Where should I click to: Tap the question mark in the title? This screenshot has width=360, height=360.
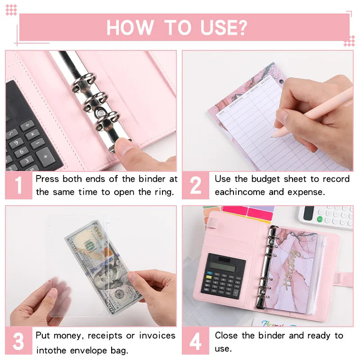click(242, 27)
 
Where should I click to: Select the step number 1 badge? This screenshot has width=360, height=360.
click(18, 185)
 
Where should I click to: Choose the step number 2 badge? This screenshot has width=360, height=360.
click(195, 185)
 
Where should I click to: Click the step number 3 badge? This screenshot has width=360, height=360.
click(18, 341)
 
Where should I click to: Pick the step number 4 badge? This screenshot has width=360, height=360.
click(195, 341)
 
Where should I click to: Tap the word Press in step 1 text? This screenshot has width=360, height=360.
click(47, 179)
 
